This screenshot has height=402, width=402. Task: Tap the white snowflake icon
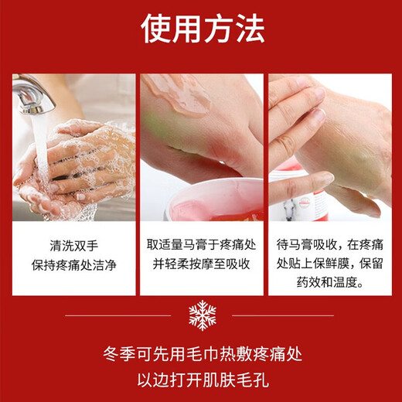[202, 315]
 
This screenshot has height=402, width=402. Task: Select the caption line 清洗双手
[73, 245]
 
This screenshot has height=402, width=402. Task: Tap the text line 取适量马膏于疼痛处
[201, 245]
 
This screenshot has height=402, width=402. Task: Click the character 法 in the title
[249, 29]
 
